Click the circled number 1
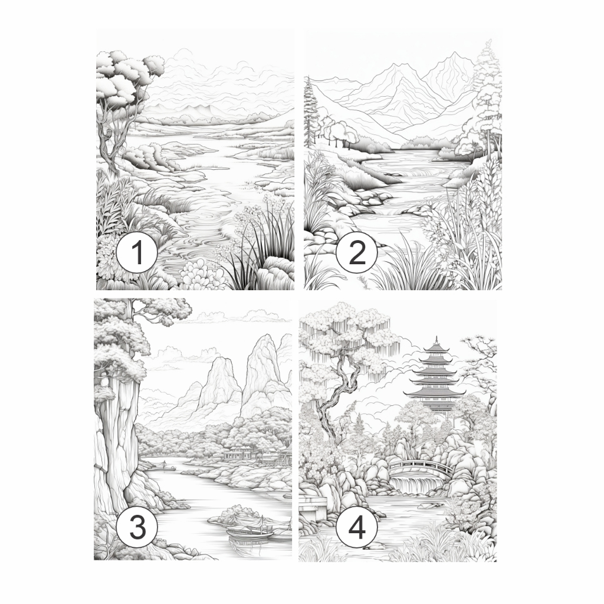pos(137,252)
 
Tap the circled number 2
pos(356,252)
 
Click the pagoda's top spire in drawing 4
pos(436,340)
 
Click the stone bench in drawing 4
pos(313,507)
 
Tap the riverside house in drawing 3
pos(239,452)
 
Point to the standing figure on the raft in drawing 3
pos(163,464)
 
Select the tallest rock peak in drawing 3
pos(261,370)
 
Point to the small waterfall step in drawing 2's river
pos(393,211)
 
